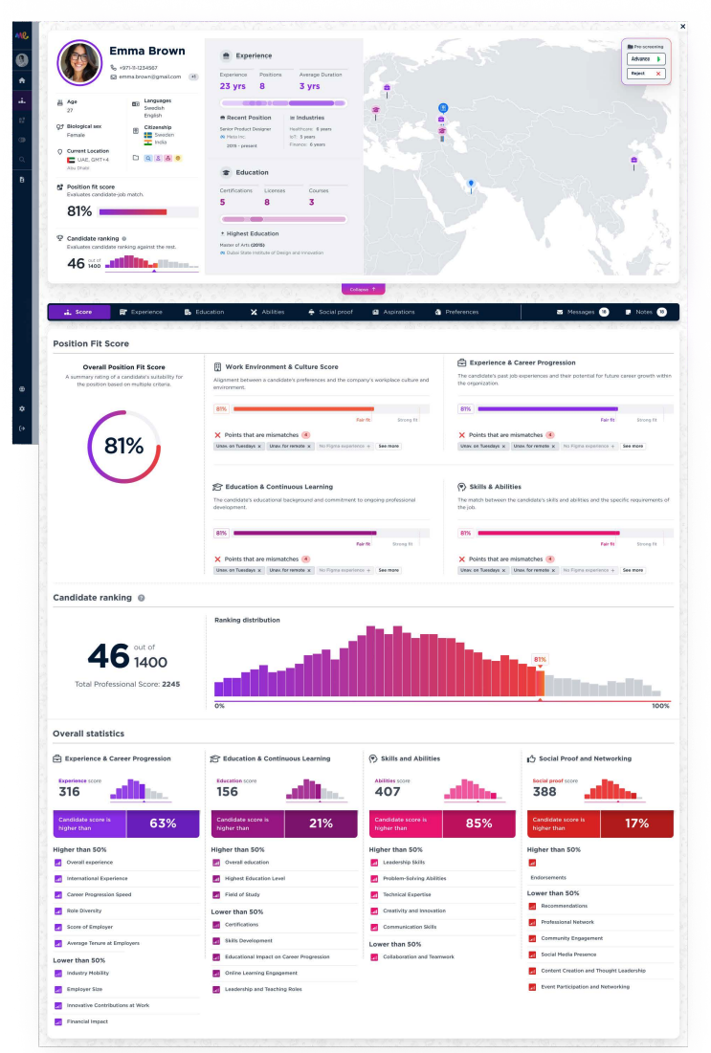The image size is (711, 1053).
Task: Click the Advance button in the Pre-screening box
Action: tap(645, 58)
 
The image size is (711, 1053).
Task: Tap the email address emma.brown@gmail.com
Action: tap(149, 77)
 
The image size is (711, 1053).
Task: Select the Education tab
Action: tap(203, 312)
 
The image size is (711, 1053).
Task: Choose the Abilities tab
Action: tap(267, 312)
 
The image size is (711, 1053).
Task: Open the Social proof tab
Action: tap(329, 312)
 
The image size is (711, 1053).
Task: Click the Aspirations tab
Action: tap(393, 312)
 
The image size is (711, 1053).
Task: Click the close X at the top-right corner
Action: tap(681, 27)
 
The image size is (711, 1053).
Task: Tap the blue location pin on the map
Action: tap(471, 183)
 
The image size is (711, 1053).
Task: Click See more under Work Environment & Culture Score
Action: tap(389, 446)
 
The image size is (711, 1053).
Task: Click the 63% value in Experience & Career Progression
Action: tap(163, 823)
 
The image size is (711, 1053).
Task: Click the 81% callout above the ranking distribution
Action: tap(540, 659)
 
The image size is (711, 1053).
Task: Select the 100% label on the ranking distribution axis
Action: tap(660, 706)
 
